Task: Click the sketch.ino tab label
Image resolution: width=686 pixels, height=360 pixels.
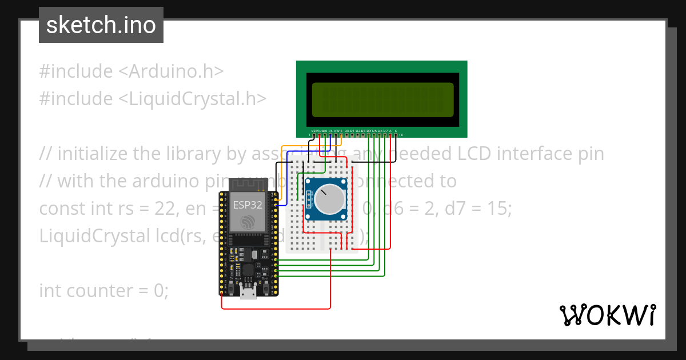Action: pyautogui.click(x=101, y=25)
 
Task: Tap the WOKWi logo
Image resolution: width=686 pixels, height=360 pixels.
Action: pyautogui.click(x=607, y=315)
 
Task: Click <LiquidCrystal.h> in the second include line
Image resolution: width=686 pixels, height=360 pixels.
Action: pyautogui.click(x=192, y=99)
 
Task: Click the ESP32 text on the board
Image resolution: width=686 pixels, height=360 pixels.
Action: pyautogui.click(x=248, y=204)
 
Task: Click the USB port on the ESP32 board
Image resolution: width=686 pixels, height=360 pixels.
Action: pyautogui.click(x=249, y=292)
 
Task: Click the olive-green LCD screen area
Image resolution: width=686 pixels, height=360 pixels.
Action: pyautogui.click(x=382, y=99)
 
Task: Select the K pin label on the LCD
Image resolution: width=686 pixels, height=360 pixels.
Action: pyautogui.click(x=396, y=131)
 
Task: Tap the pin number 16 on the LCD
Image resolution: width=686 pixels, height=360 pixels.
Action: pyautogui.click(x=401, y=135)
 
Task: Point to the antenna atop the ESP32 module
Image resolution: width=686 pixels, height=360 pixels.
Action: pyautogui.click(x=249, y=185)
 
